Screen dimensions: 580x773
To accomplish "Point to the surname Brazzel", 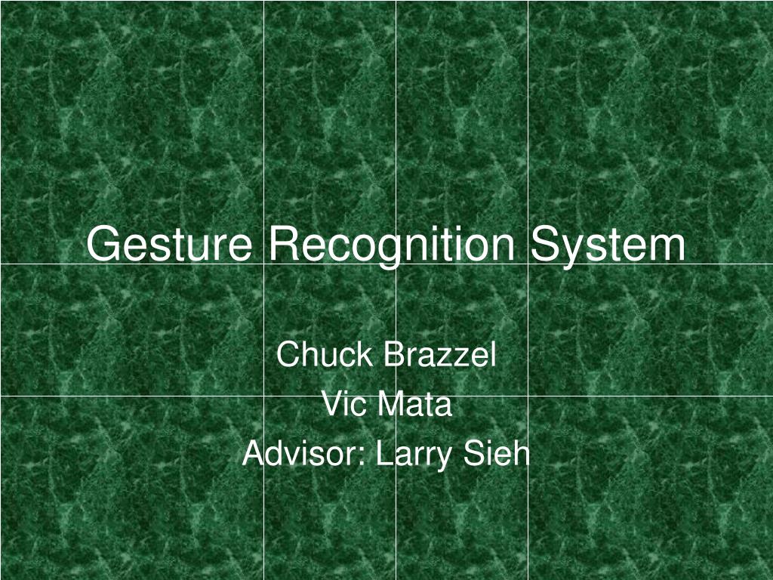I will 439,354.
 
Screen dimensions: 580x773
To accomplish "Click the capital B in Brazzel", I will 393,354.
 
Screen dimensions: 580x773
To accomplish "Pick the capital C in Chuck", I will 287,354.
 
